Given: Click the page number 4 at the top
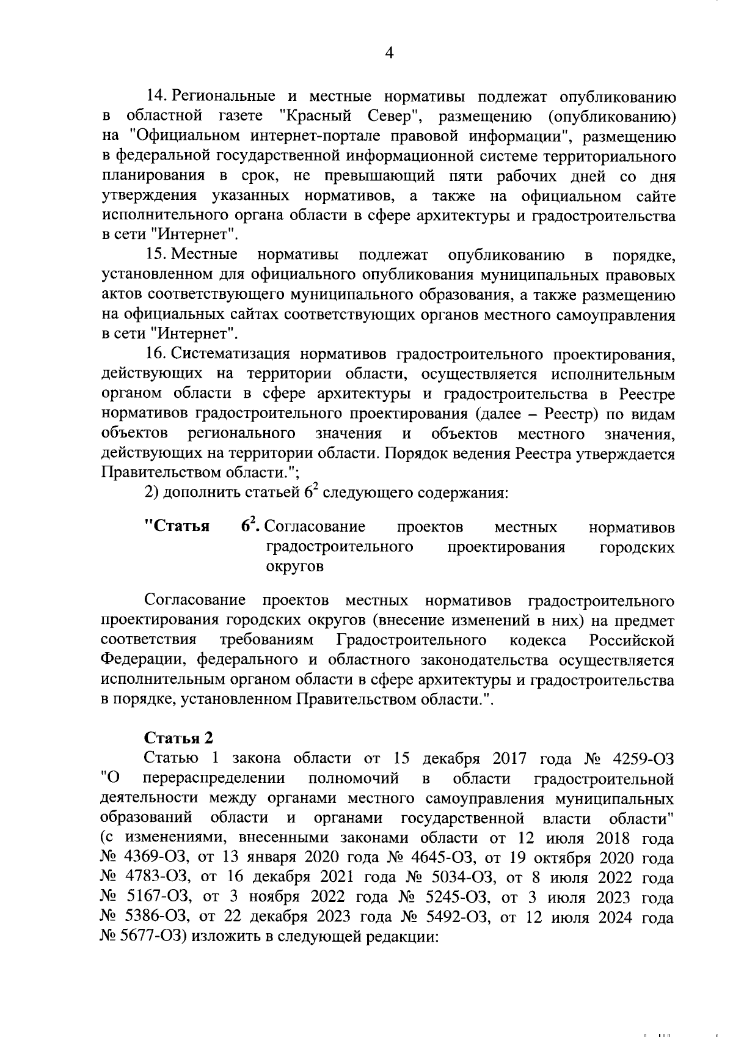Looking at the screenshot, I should (389, 53).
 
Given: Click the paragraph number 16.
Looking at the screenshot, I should (156, 354).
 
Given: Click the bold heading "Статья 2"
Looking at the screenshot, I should (178, 738).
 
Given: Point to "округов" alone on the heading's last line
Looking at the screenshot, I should (295, 566).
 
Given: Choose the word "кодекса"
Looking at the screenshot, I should (538, 640).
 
